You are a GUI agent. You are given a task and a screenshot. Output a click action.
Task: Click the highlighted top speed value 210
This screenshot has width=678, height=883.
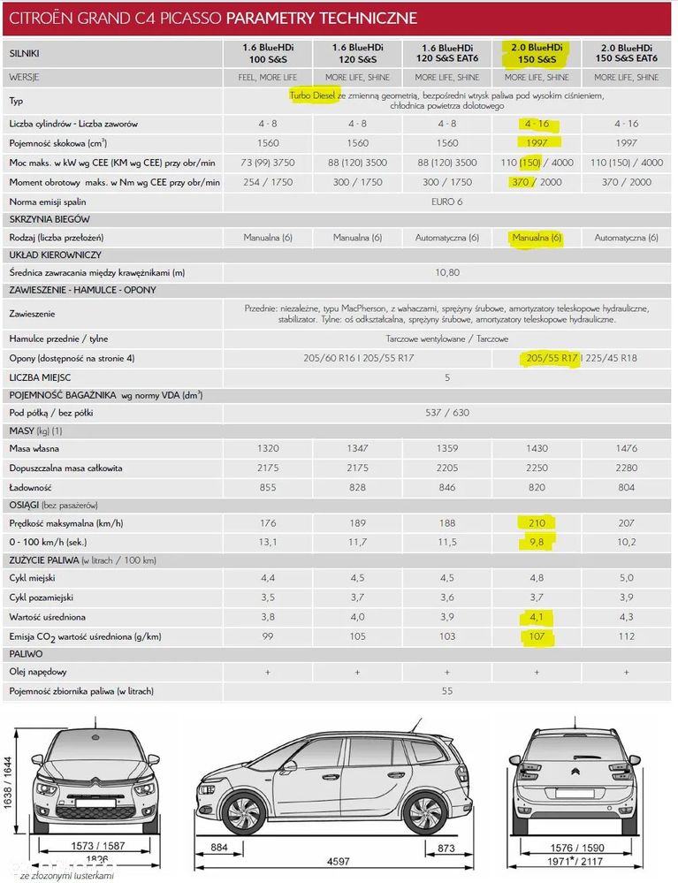(x=537, y=522)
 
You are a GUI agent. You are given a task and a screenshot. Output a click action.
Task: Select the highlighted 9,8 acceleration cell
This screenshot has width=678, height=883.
(x=537, y=541)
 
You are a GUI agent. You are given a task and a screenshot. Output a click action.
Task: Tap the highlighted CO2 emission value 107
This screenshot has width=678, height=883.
(x=537, y=636)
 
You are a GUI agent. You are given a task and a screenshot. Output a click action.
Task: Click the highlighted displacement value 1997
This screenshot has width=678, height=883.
(x=537, y=143)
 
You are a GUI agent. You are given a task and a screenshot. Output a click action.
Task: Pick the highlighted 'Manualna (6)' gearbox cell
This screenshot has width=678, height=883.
(x=537, y=238)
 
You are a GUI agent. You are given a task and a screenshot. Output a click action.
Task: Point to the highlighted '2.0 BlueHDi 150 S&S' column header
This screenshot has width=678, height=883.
(x=537, y=52)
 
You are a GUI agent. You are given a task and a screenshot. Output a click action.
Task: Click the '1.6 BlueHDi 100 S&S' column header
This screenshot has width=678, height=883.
(x=268, y=52)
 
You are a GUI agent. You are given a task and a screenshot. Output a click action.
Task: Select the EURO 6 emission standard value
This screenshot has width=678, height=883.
(x=447, y=202)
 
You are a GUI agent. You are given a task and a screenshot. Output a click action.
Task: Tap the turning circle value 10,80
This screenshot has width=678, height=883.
(x=447, y=272)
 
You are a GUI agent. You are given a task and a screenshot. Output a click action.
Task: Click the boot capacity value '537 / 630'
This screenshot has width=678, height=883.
(x=447, y=413)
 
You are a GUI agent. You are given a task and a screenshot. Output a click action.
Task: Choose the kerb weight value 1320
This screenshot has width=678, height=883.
(x=268, y=449)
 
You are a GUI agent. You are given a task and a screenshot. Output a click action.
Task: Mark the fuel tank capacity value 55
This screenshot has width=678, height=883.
(x=447, y=690)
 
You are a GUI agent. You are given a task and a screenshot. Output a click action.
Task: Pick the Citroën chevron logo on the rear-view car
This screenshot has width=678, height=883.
(x=575, y=779)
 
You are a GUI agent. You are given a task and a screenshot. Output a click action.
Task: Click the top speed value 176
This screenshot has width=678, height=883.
(x=268, y=522)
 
